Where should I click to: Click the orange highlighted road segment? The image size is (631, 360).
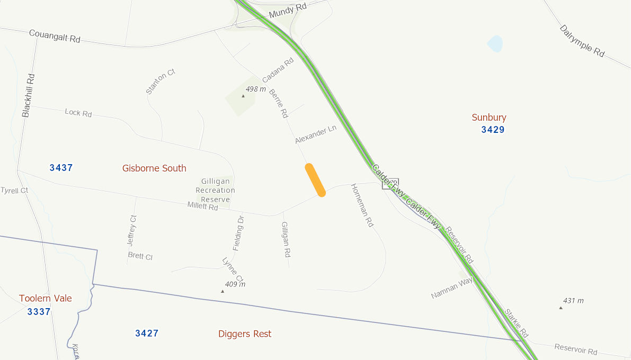315,180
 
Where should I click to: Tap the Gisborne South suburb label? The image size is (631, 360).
154,168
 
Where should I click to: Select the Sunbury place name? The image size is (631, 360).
489,118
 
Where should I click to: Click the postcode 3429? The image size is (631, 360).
493,130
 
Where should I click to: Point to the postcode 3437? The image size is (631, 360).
61,168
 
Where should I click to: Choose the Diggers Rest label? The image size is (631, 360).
245,334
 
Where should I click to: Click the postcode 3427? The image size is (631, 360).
147,333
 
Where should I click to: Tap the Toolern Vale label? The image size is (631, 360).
46,299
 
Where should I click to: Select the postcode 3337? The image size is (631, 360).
39,312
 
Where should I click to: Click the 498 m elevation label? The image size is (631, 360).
255,89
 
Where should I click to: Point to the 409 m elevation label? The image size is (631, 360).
235,284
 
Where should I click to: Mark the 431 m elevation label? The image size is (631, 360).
573,301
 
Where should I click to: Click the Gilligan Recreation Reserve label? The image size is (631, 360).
215,190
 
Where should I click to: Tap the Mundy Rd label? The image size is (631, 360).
288,11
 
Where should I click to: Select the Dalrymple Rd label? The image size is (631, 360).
582,41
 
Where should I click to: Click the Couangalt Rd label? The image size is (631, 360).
55,36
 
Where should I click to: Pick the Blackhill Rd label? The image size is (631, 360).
29,95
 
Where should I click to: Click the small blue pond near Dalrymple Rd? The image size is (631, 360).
495,43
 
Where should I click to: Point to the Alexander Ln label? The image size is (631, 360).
316,134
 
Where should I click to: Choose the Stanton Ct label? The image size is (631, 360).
160,81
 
